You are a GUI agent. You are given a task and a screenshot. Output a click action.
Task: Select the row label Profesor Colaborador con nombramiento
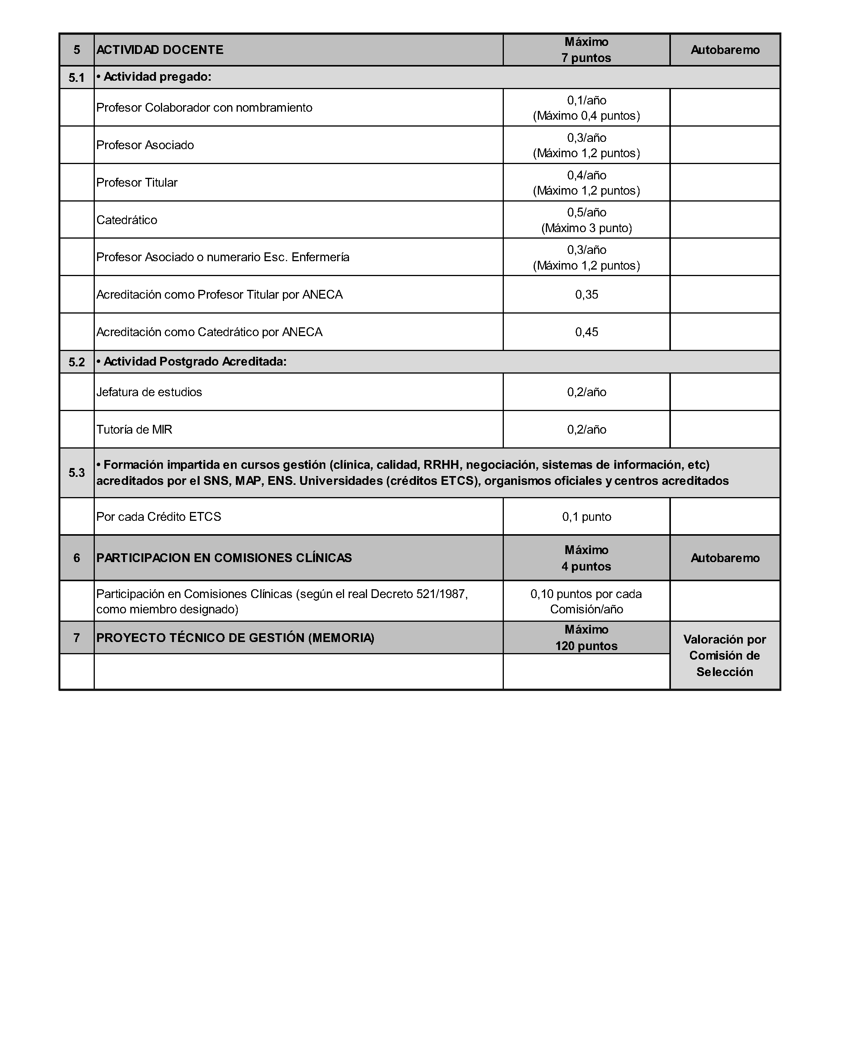205,107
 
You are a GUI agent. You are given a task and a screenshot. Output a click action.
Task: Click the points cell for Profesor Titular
586,183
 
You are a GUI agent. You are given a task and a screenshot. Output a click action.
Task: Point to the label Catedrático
127,220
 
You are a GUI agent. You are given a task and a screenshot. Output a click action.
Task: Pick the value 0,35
586,294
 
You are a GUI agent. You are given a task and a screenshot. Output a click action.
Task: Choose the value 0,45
586,332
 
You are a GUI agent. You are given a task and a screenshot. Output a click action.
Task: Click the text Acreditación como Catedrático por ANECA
209,332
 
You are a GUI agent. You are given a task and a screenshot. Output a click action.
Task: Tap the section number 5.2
77,362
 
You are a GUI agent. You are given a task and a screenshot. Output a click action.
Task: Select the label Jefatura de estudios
149,392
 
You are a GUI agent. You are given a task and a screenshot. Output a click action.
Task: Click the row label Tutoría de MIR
135,429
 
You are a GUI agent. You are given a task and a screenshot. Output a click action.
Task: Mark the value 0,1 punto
586,517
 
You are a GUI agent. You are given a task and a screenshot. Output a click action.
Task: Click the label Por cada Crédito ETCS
159,517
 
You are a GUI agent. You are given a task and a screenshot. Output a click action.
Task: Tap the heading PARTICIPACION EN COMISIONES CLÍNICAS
224,558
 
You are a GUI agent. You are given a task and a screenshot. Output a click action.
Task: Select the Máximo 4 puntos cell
586,558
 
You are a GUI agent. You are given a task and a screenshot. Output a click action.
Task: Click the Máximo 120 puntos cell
586,638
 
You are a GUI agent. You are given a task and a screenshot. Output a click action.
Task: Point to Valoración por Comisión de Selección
724,656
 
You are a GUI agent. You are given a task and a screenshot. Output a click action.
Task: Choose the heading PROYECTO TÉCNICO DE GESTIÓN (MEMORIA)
235,638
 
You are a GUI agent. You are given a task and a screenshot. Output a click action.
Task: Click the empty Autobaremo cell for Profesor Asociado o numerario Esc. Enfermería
724,257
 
